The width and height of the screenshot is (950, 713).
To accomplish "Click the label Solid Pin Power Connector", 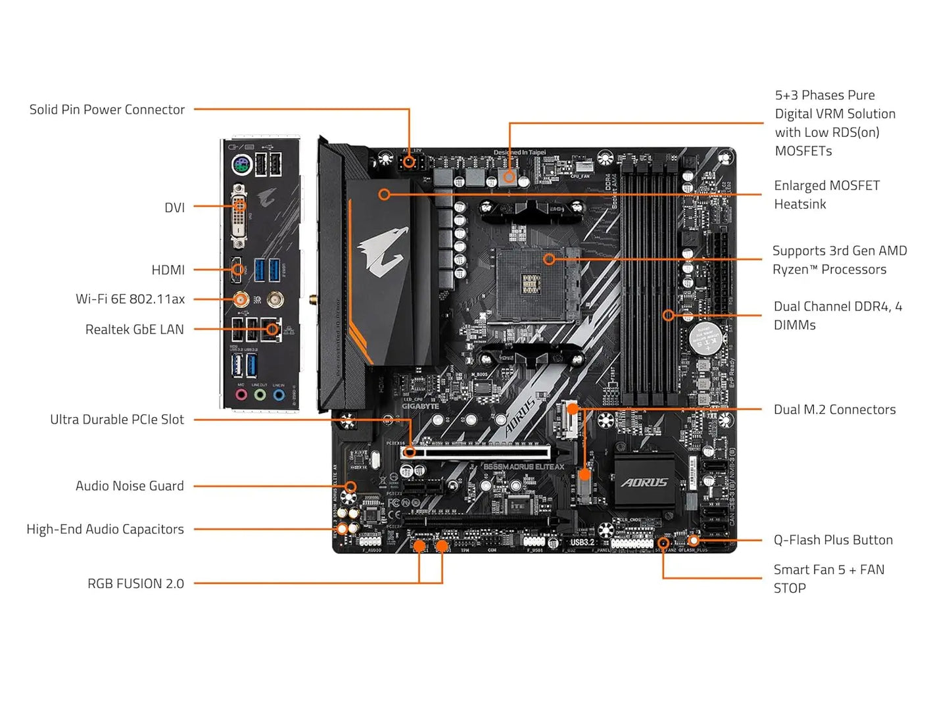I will [107, 110].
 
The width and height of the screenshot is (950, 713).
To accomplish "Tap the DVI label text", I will [174, 208].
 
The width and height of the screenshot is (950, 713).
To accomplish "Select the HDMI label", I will [168, 270].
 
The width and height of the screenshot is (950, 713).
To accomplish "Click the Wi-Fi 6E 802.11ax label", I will [130, 299].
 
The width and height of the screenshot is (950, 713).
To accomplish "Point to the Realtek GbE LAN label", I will [134, 330].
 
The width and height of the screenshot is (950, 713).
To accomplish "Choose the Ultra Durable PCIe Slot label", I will [117, 420].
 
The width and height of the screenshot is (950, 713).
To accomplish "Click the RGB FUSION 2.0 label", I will [135, 583].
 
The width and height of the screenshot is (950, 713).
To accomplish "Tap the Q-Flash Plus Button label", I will [833, 540].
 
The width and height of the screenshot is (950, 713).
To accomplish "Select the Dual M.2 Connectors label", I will [834, 410].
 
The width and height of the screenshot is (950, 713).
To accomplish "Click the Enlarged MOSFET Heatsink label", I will [826, 195].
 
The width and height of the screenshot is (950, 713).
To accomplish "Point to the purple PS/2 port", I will [241, 164].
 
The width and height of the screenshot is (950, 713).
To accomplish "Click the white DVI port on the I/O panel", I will [239, 217].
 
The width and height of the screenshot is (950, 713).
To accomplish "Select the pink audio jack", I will [241, 395].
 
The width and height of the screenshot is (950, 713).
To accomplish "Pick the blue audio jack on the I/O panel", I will [279, 395].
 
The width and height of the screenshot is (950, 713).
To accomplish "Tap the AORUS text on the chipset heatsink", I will [645, 483].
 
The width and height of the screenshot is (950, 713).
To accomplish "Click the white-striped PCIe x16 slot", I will [477, 453].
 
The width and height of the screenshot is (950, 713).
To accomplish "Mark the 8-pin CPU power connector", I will [410, 161].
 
